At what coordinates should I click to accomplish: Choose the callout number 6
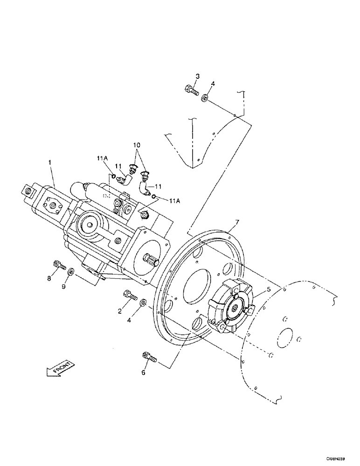click(144, 372)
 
